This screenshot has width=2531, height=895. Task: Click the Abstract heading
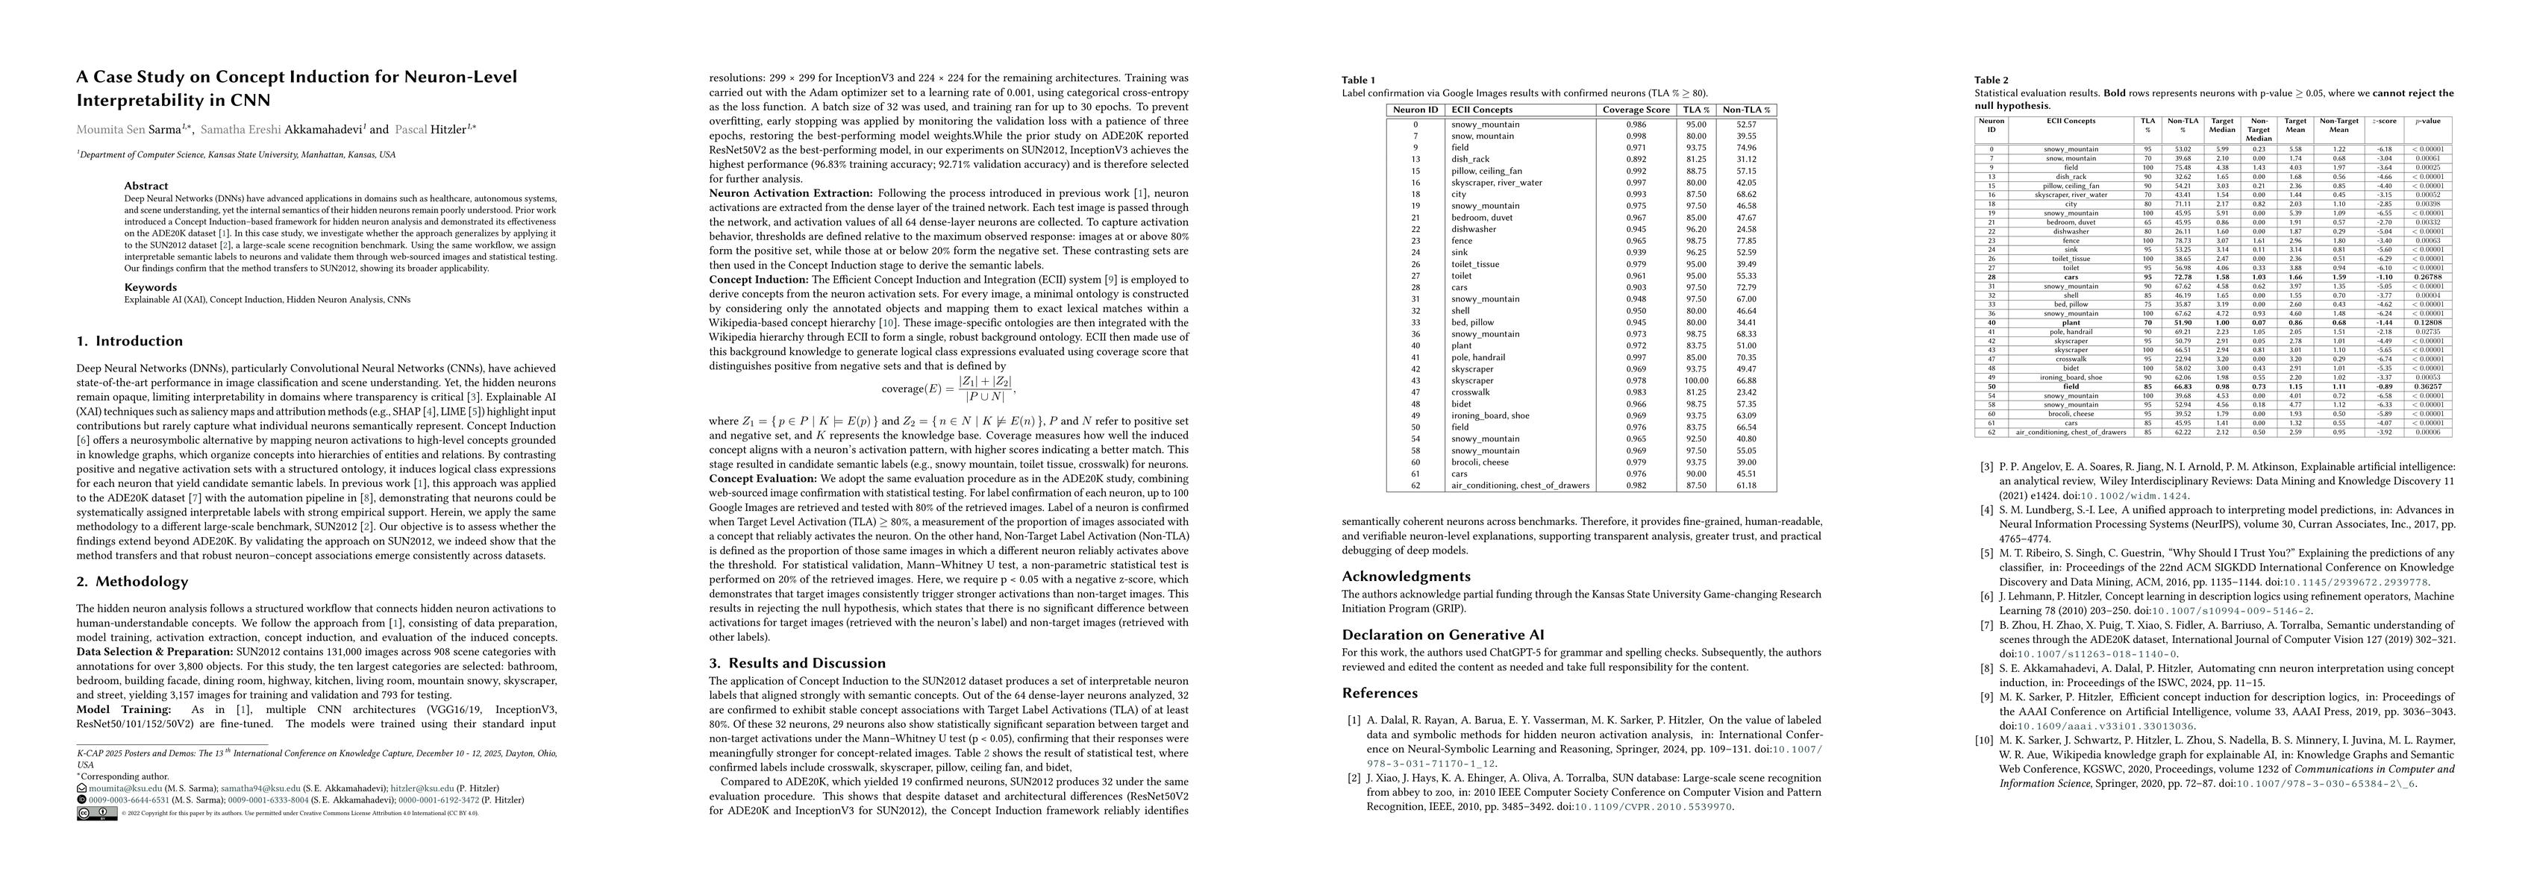tap(146, 186)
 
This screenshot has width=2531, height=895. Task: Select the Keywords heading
tap(150, 288)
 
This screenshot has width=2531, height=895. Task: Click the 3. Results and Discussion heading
tap(797, 663)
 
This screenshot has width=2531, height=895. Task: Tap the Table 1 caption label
tap(1359, 80)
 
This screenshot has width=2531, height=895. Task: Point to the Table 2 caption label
tap(1992, 80)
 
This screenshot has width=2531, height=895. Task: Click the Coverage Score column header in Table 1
tap(1636, 110)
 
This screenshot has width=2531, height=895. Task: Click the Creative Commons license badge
tap(96, 814)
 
